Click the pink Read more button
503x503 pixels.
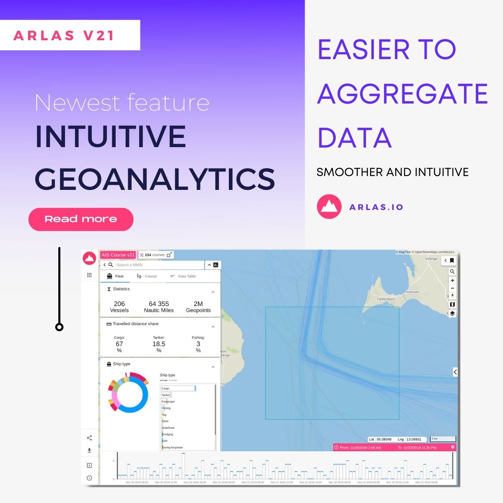[81, 219]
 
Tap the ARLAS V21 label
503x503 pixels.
[64, 35]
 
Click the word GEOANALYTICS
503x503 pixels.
[155, 179]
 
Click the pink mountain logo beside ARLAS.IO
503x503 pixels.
[329, 207]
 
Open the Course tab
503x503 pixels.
[147, 276]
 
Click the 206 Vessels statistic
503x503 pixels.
[119, 307]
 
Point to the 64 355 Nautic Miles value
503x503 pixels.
[159, 307]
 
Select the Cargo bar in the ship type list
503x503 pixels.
[178, 389]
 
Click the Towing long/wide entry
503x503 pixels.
[172, 447]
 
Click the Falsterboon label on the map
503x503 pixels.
[386, 299]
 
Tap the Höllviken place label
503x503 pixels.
[412, 292]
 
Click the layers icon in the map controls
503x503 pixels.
[452, 314]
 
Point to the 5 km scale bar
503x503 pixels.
[443, 439]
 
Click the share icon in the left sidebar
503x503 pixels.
[89, 438]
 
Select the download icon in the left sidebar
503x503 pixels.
[89, 451]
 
